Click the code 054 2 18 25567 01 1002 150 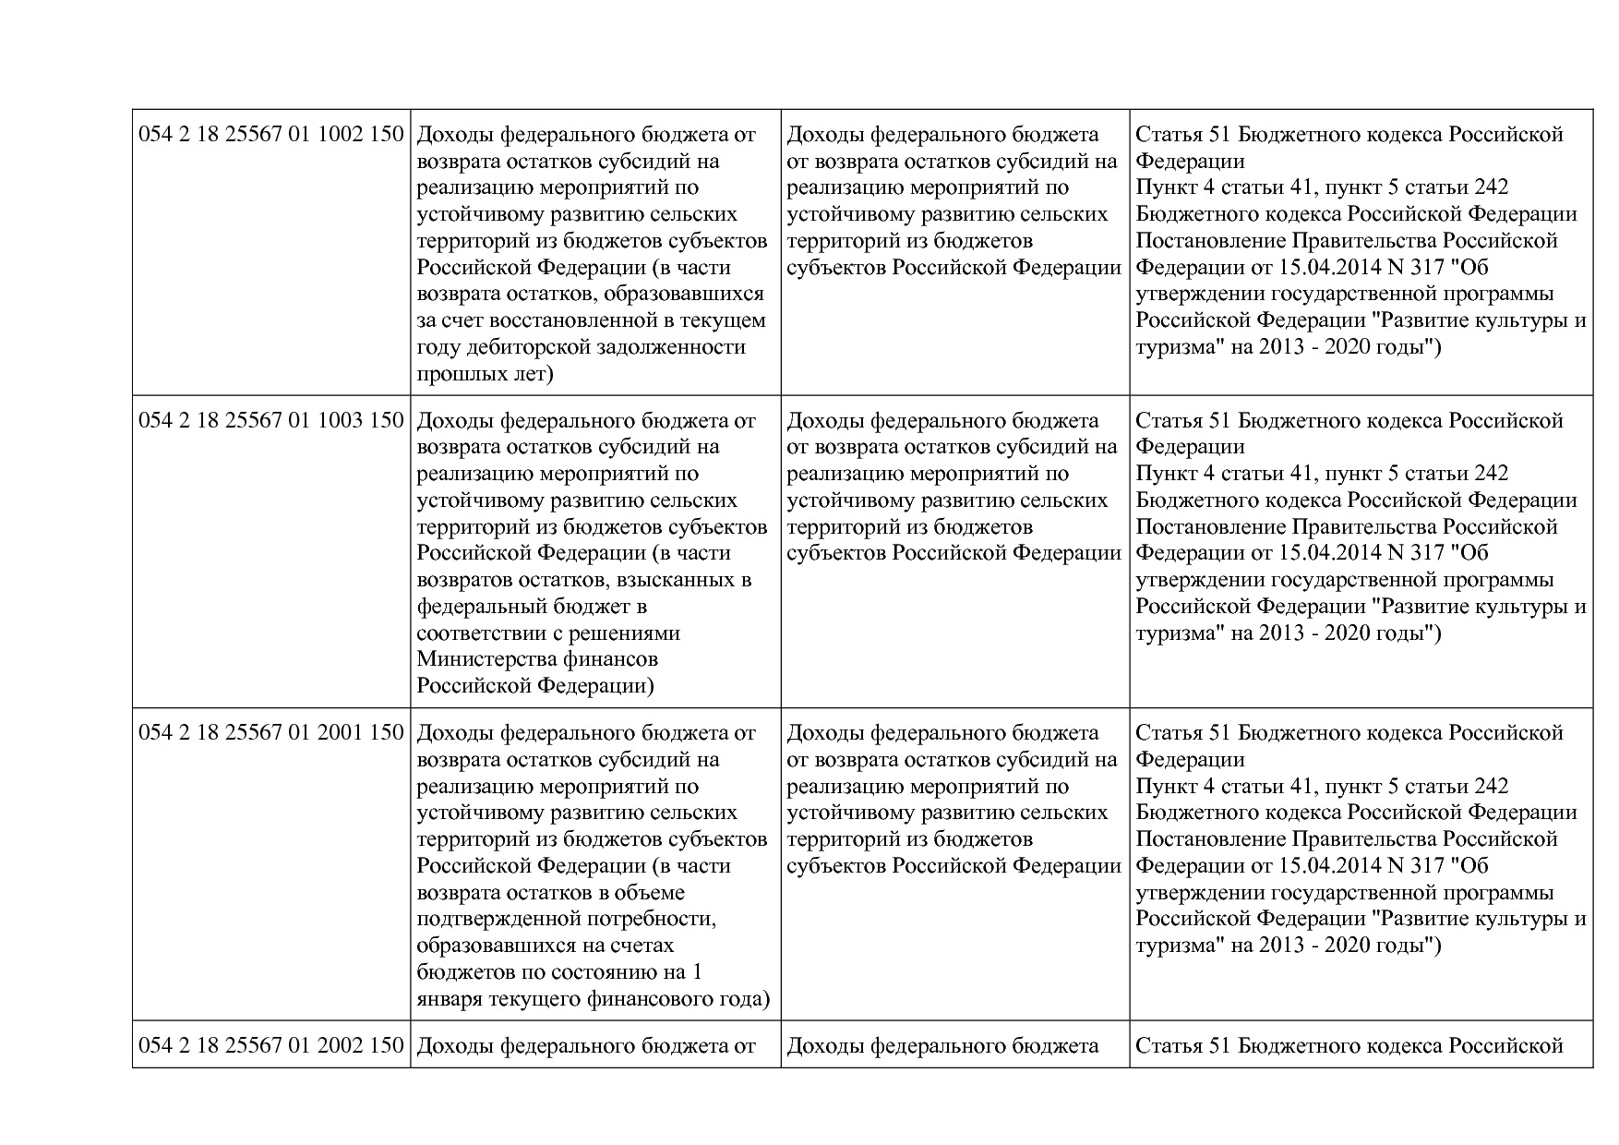pyautogui.click(x=271, y=135)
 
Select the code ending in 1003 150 pyautogui.click(x=271, y=421)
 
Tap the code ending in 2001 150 pyautogui.click(x=271, y=733)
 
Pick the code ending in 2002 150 pyautogui.click(x=271, y=1045)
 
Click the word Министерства pyautogui.click(x=491, y=660)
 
